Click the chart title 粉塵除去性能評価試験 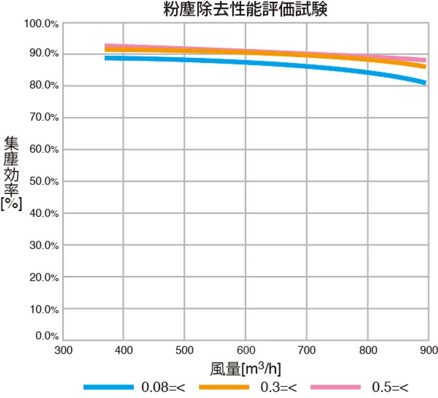pyautogui.click(x=245, y=10)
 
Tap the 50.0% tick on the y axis pyautogui.click(x=44, y=182)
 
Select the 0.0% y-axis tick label pyautogui.click(x=46, y=336)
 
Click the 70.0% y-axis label pyautogui.click(x=44, y=118)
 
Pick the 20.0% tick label pyautogui.click(x=44, y=277)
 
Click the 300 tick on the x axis pyautogui.click(x=64, y=350)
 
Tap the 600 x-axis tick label pyautogui.click(x=246, y=350)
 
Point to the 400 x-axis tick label pyautogui.click(x=124, y=350)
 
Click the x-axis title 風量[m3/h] pyautogui.click(x=246, y=369)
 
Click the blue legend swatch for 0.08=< pyautogui.click(x=108, y=387)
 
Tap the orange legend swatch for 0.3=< pyautogui.click(x=223, y=387)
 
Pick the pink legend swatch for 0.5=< pyautogui.click(x=336, y=387)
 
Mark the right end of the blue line pyautogui.click(x=425, y=82)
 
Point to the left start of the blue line pyautogui.click(x=106, y=58)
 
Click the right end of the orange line pyautogui.click(x=425, y=66)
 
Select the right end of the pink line pyautogui.click(x=425, y=60)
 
